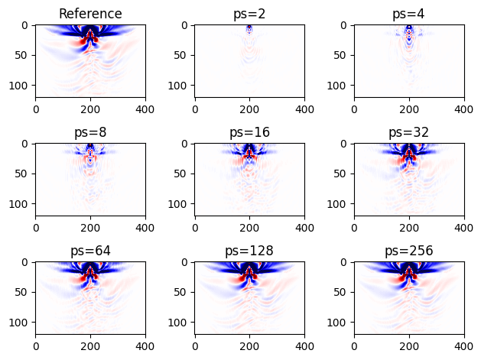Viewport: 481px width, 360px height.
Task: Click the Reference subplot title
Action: pyautogui.click(x=90, y=14)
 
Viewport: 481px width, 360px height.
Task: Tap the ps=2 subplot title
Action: pyautogui.click(x=249, y=14)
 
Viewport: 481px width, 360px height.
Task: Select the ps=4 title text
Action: pyautogui.click(x=409, y=14)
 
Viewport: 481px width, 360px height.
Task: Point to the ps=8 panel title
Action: pyautogui.click(x=90, y=132)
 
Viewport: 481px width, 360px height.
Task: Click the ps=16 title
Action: pyautogui.click(x=249, y=132)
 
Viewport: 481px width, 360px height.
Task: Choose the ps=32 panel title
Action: pyautogui.click(x=409, y=132)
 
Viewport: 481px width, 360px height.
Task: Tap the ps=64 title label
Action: pyautogui.click(x=90, y=251)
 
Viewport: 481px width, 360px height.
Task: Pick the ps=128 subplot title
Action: pyautogui.click(x=249, y=251)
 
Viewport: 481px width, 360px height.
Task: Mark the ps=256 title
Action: pyautogui.click(x=409, y=251)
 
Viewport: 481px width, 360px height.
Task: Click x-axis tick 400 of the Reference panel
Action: pyautogui.click(x=145, y=109)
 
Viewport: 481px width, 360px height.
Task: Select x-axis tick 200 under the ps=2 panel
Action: pyautogui.click(x=249, y=109)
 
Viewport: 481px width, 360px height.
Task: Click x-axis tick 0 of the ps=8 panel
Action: pyautogui.click(x=35, y=227)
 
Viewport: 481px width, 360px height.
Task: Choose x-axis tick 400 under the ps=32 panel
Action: pyautogui.click(x=463, y=227)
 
